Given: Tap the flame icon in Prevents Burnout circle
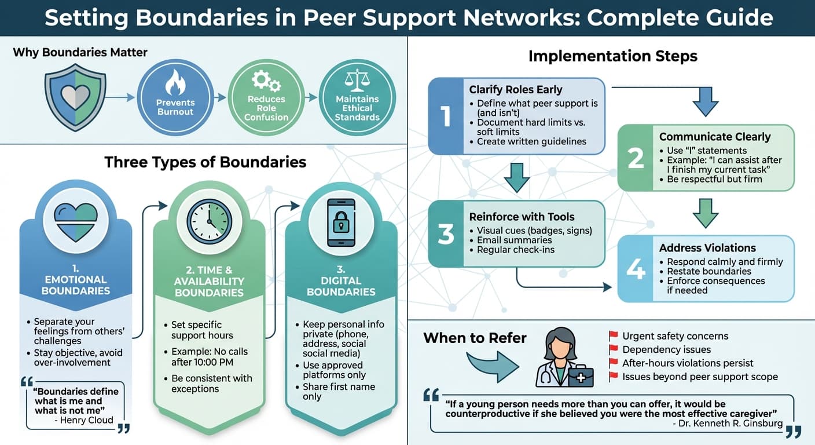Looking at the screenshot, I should coord(175,83).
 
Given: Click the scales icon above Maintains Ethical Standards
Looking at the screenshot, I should coord(357,81).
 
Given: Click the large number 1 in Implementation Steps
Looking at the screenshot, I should coord(446,116).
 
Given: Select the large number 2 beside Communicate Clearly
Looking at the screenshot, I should coord(636,158).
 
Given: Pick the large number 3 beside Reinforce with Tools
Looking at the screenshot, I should coord(446,234).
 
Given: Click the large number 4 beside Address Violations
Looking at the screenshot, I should coord(636,269).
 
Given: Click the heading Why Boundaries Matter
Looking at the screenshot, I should coord(80,52).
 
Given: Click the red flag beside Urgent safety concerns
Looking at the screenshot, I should coord(614,336).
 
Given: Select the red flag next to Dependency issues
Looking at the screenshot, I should coord(614,350).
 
